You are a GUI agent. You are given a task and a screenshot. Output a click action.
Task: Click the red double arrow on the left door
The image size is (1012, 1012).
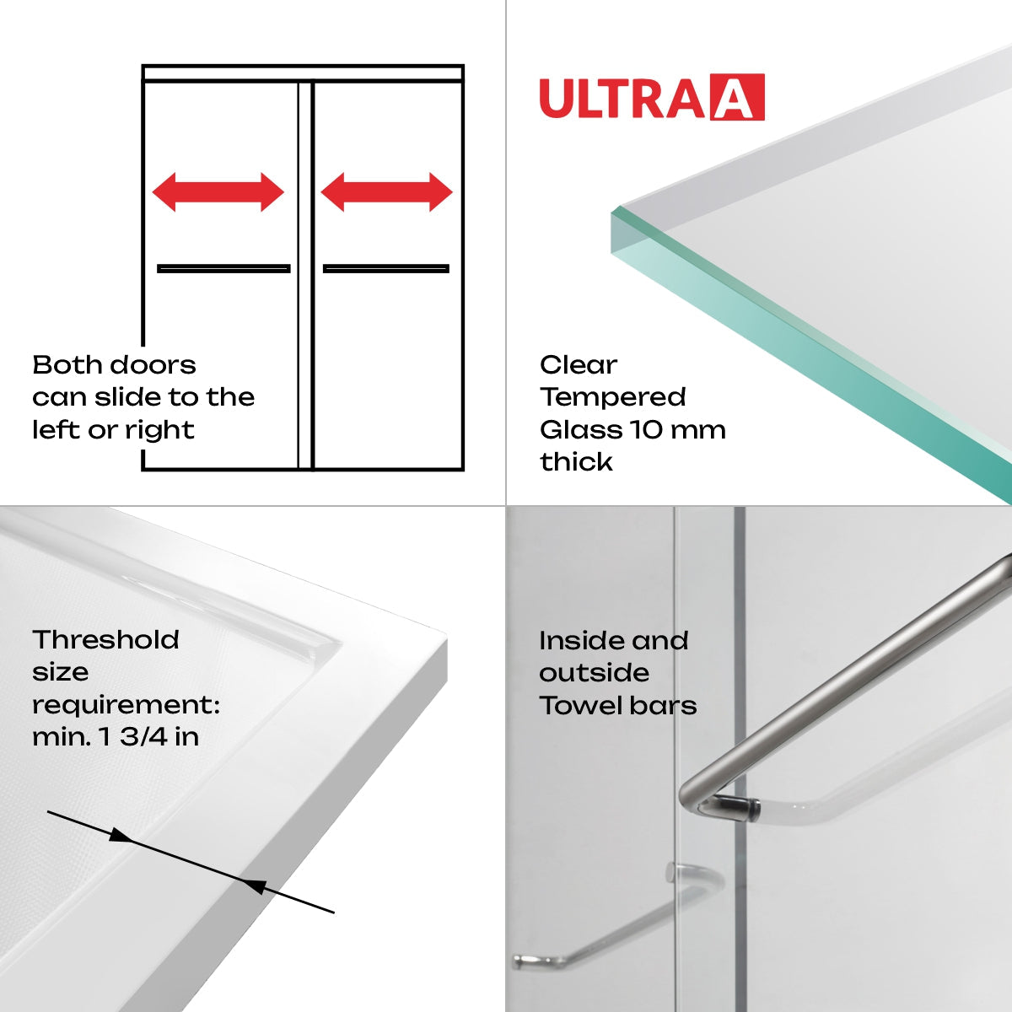tap(218, 192)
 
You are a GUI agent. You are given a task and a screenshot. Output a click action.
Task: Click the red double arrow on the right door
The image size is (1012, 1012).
tap(386, 192)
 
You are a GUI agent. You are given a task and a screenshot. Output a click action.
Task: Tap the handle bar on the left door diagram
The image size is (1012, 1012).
tap(223, 269)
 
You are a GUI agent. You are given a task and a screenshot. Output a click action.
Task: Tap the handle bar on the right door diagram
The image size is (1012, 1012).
tap(385, 269)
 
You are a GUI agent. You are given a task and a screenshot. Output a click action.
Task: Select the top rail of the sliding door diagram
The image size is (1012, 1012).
tap(303, 73)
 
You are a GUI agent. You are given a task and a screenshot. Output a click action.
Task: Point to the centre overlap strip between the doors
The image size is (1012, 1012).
tap(304, 278)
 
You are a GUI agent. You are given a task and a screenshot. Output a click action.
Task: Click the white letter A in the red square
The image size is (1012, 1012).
tap(737, 99)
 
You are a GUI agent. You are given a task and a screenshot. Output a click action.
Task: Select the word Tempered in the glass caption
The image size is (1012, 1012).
tap(613, 397)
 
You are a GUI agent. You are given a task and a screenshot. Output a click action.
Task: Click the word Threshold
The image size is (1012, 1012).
tap(105, 640)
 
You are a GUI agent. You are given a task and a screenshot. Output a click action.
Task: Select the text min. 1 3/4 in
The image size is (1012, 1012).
tap(116, 737)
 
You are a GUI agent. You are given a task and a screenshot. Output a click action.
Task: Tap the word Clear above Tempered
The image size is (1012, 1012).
tap(579, 365)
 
